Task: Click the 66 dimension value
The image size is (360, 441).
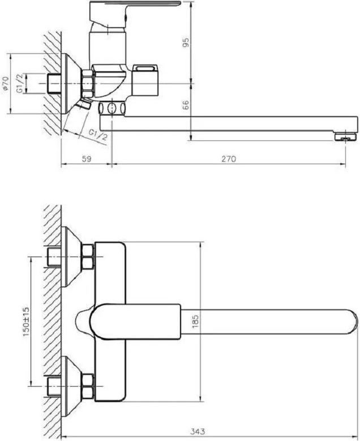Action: point(186,105)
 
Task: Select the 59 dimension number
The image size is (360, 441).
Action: point(87,159)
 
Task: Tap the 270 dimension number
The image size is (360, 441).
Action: point(228,159)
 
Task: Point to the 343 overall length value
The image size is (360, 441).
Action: point(198,431)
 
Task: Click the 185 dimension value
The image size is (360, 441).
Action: point(196,321)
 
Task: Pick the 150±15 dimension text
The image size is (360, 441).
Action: point(26,321)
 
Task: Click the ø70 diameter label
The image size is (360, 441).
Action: point(6,84)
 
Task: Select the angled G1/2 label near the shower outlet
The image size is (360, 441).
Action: point(98,135)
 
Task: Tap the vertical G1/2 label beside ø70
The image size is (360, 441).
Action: point(20,83)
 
